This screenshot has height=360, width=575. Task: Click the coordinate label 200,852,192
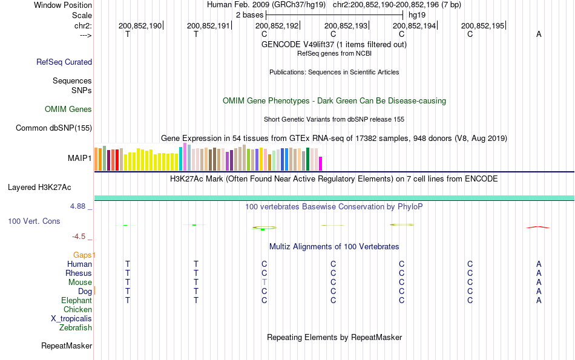click(x=277, y=26)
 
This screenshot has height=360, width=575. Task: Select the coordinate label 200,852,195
click(x=482, y=26)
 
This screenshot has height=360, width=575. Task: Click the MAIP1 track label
click(x=80, y=159)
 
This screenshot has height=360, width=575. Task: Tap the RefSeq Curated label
click(x=64, y=62)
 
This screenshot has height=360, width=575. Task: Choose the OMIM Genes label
click(x=68, y=110)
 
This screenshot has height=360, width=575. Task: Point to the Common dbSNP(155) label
click(x=54, y=128)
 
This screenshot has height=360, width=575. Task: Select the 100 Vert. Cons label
click(x=34, y=221)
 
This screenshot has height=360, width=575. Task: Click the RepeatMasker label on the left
click(x=67, y=346)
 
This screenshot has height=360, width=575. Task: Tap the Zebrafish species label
click(x=76, y=328)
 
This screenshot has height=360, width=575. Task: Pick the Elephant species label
click(x=76, y=301)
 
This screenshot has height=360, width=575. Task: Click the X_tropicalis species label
click(x=71, y=319)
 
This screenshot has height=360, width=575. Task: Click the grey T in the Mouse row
click(x=264, y=283)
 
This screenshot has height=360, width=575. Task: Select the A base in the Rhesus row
click(x=539, y=273)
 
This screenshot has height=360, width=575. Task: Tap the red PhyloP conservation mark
click(x=538, y=227)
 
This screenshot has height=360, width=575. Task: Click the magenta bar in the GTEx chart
click(x=321, y=164)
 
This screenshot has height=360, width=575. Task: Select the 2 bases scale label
click(x=249, y=15)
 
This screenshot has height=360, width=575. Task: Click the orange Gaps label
click(x=85, y=255)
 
